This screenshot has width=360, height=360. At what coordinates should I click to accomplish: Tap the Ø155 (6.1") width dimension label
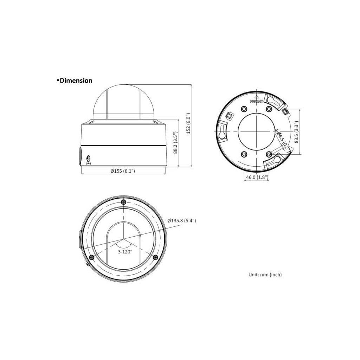click(x=123, y=171)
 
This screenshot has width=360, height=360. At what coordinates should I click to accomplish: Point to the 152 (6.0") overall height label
click(x=188, y=123)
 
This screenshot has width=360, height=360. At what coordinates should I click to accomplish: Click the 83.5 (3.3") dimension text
click(x=297, y=132)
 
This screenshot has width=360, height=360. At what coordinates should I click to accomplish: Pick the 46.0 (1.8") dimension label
click(x=257, y=178)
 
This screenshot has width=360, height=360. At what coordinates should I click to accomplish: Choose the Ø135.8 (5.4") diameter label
click(x=182, y=220)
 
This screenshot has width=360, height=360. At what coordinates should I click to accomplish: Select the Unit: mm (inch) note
click(x=265, y=275)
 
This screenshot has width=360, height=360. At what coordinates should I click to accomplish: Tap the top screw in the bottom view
click(x=123, y=202)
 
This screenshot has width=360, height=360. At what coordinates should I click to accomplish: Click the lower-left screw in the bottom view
click(x=91, y=257)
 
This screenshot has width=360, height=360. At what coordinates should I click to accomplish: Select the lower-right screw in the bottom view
click(x=155, y=258)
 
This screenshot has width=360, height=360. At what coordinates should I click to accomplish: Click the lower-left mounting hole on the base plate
click(x=244, y=154)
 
